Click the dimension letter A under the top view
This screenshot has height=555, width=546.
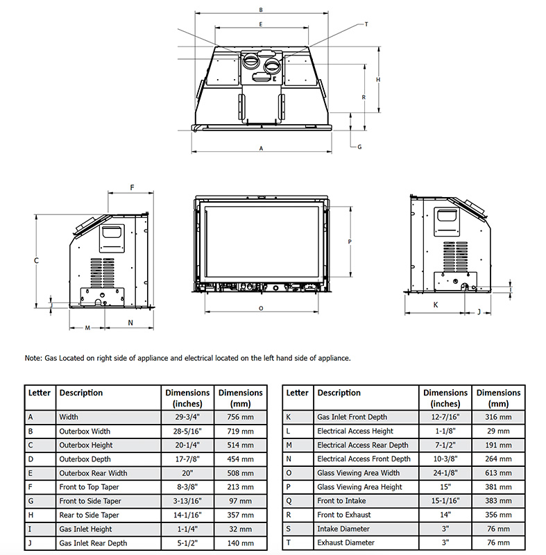(x=261, y=148)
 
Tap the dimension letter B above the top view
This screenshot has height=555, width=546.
(x=260, y=10)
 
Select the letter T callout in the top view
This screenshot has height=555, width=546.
(x=366, y=24)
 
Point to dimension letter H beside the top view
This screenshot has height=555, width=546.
(x=378, y=80)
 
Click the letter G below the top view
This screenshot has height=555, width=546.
(x=359, y=147)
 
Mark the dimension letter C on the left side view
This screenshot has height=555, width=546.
(x=35, y=260)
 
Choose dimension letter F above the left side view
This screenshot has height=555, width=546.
(x=132, y=187)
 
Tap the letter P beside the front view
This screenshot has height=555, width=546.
(x=350, y=241)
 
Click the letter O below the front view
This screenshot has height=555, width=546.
(x=260, y=307)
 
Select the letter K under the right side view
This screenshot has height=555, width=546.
(x=436, y=304)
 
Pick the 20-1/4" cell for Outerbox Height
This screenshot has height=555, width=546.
(x=184, y=445)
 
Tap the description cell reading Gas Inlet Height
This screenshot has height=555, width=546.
(x=85, y=529)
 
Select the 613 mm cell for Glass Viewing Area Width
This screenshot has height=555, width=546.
(x=498, y=473)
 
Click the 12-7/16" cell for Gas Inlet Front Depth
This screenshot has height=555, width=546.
(x=445, y=417)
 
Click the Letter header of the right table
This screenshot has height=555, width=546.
(x=297, y=393)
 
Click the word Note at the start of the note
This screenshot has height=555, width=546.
(x=33, y=358)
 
